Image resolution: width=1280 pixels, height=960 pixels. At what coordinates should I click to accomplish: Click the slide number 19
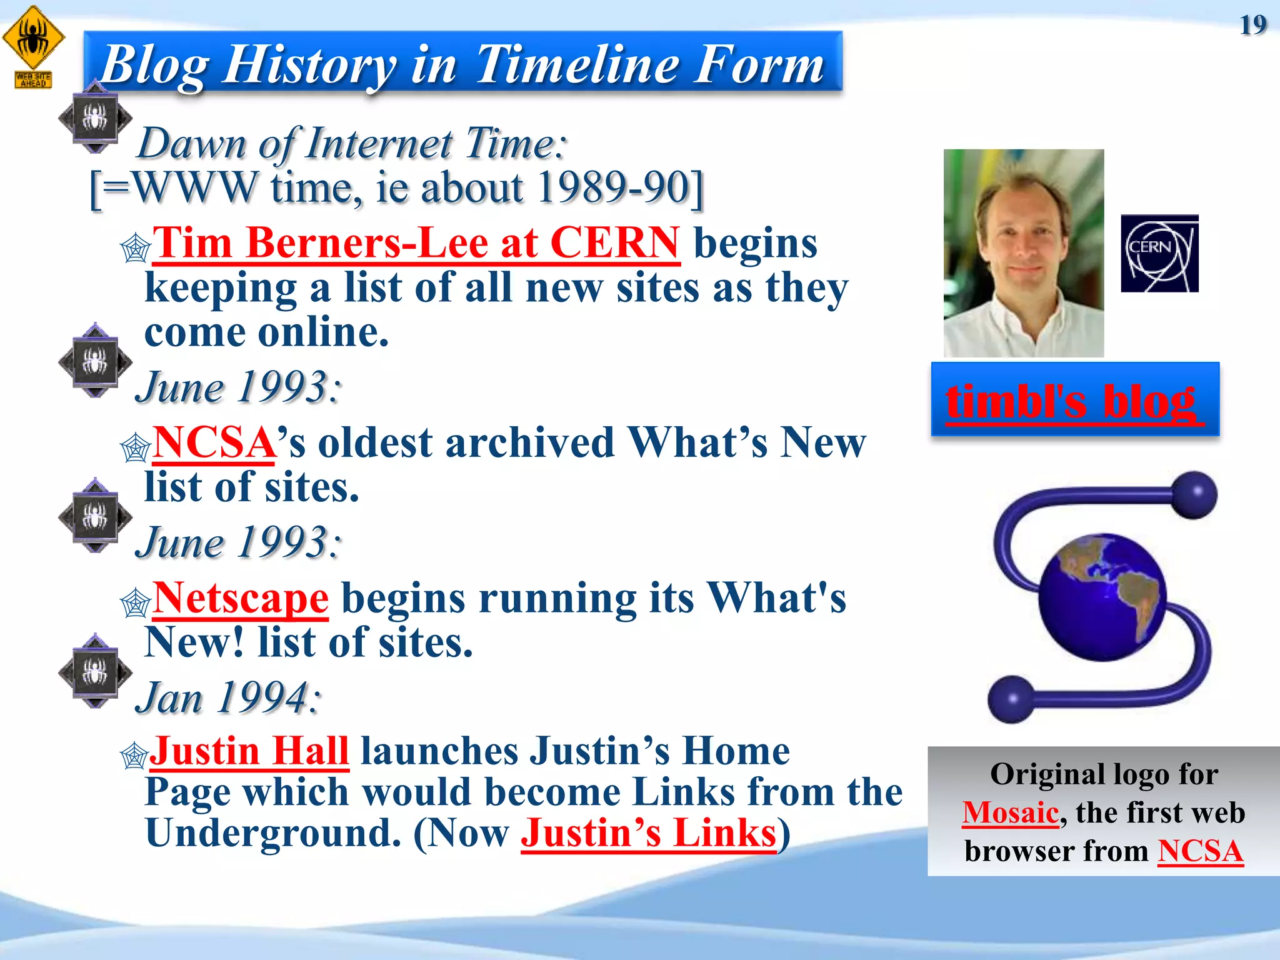1252,26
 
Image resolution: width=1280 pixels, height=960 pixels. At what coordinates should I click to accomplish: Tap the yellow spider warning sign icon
33,39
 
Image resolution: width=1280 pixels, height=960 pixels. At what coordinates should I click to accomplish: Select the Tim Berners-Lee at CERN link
416,242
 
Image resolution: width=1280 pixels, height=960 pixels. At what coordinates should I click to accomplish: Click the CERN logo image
1159,253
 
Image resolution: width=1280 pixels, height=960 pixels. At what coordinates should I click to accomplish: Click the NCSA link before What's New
214,442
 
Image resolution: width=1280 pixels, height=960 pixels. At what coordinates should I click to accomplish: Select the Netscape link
241,598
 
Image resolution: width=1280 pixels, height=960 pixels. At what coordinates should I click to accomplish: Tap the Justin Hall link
249,751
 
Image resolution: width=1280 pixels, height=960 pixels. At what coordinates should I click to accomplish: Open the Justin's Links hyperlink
648,833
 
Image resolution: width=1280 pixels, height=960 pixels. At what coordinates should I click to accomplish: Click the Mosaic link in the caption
1010,812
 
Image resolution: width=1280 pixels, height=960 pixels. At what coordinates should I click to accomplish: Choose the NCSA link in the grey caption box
1200,851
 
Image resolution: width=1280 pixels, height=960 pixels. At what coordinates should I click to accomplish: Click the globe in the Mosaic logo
1102,597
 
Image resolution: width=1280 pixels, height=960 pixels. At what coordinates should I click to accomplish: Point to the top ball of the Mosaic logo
1194,495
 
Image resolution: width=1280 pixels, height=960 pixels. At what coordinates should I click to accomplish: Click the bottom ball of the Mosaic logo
1011,699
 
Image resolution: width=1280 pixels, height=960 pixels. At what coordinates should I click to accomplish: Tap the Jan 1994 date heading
229,697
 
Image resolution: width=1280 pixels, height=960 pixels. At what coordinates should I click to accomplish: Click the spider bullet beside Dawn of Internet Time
95,117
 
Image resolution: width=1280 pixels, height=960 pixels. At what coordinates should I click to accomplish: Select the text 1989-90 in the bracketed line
614,187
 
